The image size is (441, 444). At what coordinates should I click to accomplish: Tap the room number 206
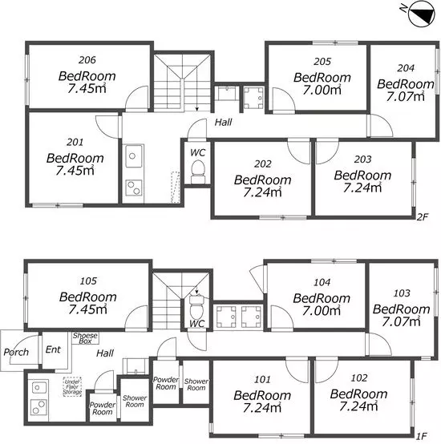[x=87, y=60]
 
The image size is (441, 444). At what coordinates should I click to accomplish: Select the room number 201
[x=75, y=142]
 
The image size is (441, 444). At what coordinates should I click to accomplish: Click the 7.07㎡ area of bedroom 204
[x=405, y=97]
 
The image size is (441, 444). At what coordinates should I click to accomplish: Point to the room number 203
[x=363, y=159]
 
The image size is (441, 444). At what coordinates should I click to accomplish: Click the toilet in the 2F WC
[x=198, y=172]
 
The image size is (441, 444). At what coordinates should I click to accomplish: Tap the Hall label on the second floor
[x=223, y=123]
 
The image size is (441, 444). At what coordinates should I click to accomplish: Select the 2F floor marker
[x=422, y=217]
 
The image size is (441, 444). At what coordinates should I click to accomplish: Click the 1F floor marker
[x=422, y=436]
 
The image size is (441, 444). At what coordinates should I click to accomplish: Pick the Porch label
[x=16, y=352]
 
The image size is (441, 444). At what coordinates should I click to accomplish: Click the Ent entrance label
[x=53, y=349]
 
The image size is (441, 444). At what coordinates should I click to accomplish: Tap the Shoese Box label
[x=85, y=338]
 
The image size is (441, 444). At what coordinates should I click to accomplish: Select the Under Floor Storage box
[x=72, y=386]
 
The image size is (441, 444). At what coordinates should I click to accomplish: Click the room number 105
[x=88, y=281]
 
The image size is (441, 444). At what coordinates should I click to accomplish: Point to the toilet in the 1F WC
[x=196, y=307]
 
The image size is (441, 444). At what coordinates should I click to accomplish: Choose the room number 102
[x=359, y=377]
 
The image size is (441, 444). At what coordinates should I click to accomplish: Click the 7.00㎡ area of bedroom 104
[x=322, y=311]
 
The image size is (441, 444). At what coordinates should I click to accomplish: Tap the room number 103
[x=402, y=293]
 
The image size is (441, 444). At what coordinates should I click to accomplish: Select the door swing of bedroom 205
[x=284, y=99]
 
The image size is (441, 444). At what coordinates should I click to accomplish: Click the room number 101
[x=262, y=379]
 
